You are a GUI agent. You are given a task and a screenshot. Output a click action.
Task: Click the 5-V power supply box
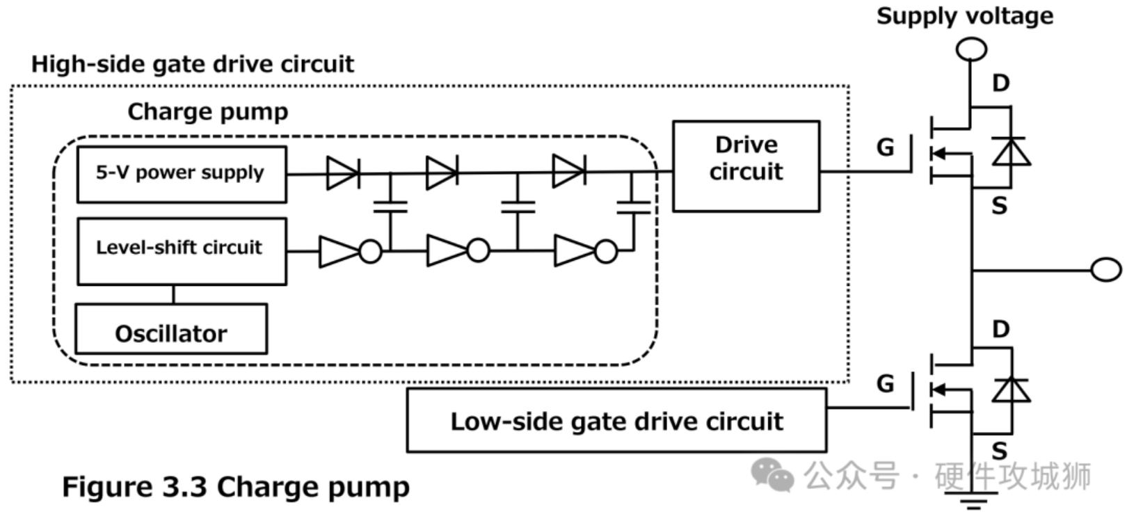click(181, 174)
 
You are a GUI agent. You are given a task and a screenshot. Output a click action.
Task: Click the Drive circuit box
click(746, 166)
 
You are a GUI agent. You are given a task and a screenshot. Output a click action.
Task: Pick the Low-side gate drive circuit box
click(616, 420)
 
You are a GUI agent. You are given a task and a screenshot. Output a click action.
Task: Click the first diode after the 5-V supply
click(342, 172)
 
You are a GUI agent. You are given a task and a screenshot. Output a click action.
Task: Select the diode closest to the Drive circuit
click(568, 171)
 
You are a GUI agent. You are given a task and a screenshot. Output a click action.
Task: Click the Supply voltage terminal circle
click(971, 49)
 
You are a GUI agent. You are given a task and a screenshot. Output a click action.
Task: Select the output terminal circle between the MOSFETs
click(1105, 269)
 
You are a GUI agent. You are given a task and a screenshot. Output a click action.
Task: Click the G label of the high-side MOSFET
click(885, 147)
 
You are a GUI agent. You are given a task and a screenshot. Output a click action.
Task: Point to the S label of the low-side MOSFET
click(999, 451)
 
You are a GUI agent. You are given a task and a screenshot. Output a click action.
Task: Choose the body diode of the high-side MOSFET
click(1011, 151)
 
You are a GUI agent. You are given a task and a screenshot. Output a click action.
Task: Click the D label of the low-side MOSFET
click(1000, 329)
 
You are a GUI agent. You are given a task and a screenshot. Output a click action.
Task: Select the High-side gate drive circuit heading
click(193, 64)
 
